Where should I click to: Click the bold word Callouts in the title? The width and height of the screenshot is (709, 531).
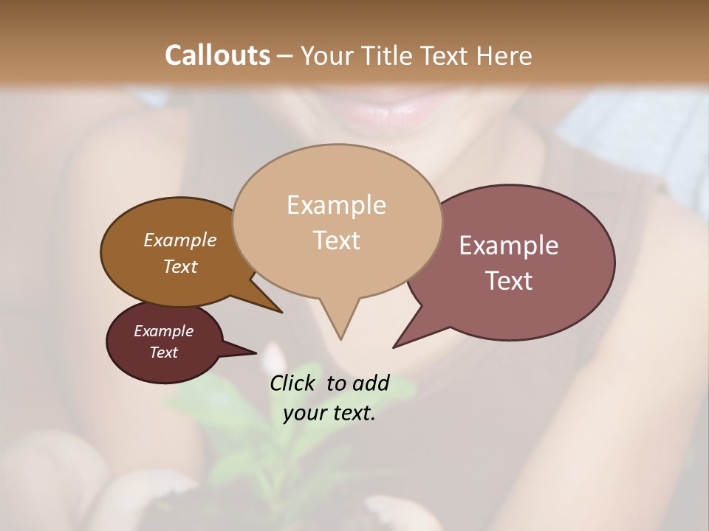point(217,55)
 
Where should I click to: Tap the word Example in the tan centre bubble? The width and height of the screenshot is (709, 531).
point(336,205)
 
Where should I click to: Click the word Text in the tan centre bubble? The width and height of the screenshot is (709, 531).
point(337,240)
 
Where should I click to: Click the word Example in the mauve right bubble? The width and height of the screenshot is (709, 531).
point(508,246)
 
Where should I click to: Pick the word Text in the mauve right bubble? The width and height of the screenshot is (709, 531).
point(509,281)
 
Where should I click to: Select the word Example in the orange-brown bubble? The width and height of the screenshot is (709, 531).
point(179,240)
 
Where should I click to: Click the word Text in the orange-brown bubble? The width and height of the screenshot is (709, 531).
point(180,266)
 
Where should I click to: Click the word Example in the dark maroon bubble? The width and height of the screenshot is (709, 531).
point(163,331)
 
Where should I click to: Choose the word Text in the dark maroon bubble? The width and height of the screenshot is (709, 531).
point(164,353)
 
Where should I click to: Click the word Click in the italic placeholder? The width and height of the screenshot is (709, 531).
point(292,383)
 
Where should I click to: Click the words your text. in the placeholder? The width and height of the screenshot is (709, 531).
point(329,413)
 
